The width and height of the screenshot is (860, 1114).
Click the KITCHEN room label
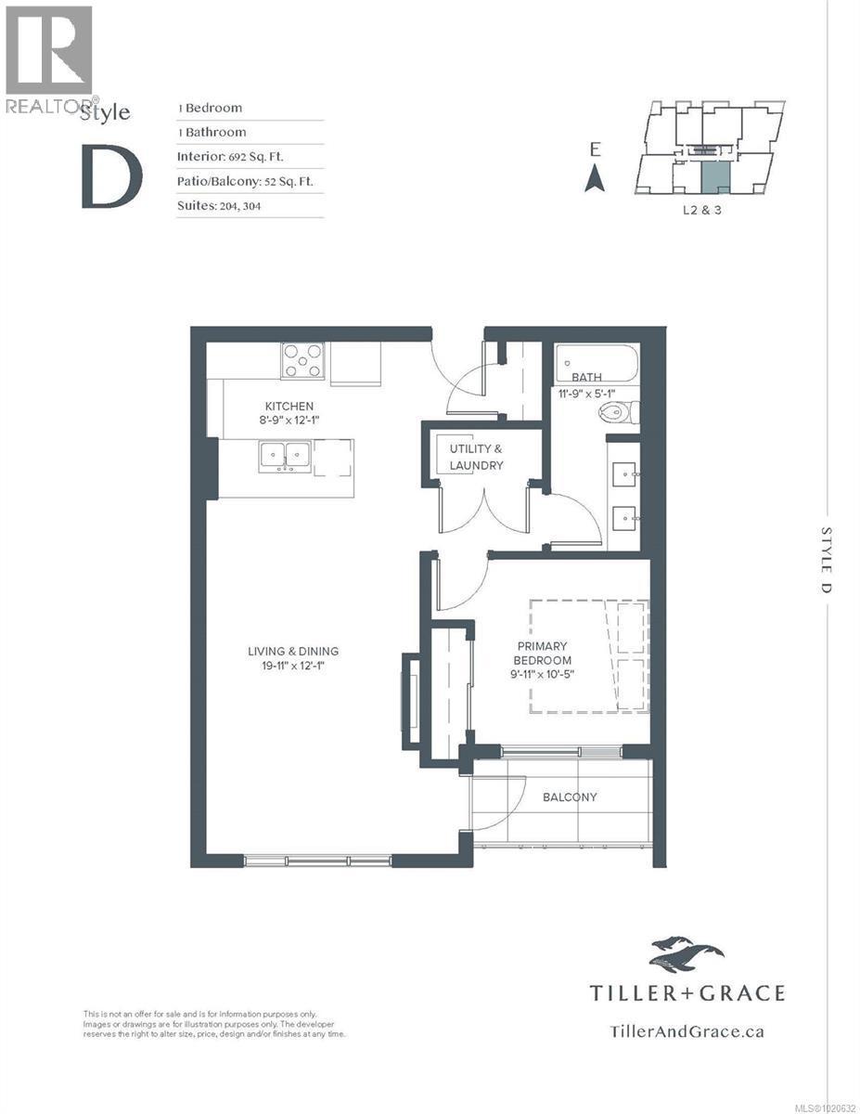289,407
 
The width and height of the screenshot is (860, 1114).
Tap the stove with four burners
303,360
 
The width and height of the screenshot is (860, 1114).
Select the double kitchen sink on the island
285,456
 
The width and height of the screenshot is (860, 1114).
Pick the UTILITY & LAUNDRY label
476,457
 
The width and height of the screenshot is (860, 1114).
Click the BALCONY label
570,797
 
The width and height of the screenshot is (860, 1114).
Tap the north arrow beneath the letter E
595,176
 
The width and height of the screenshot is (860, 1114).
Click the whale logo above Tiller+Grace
687,953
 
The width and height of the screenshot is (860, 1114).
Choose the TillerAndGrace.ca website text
687,1030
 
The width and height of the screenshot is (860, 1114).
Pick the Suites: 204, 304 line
219,206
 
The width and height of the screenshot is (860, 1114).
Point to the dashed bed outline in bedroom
588,656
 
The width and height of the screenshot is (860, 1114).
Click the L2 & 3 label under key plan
701,211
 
